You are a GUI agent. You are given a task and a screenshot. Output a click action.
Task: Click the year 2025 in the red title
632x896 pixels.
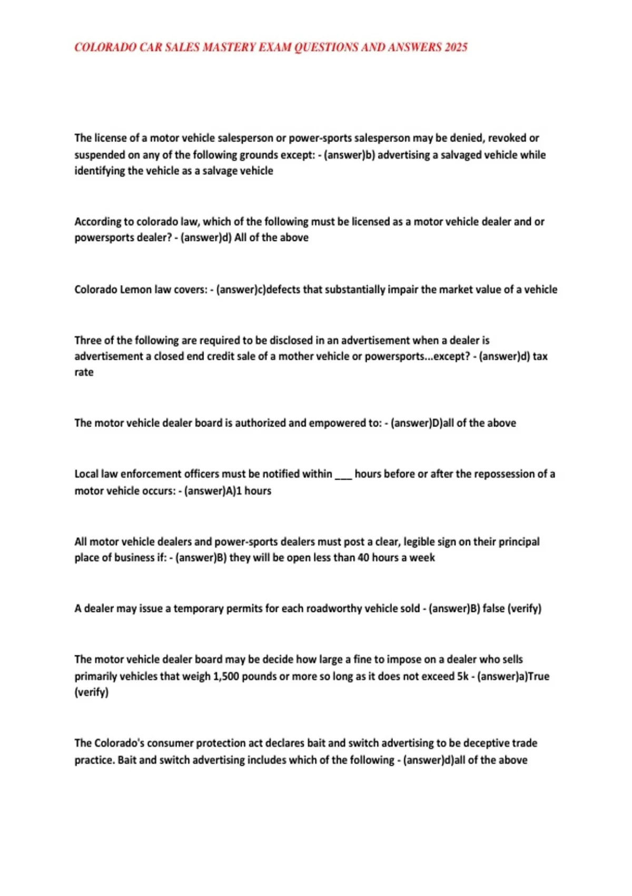point(456,47)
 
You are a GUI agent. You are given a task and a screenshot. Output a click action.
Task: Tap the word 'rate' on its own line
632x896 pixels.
point(84,372)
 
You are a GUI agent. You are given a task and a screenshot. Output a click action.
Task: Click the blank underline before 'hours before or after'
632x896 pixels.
point(343,474)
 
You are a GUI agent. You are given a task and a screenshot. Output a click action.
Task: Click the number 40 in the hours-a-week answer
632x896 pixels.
point(363,558)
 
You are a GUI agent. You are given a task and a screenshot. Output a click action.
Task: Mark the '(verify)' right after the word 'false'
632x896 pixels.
point(524,608)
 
